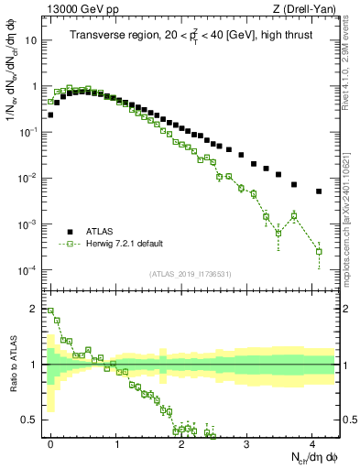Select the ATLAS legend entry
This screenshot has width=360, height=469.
click(x=101, y=232)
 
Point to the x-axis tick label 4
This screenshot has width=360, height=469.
click(x=312, y=442)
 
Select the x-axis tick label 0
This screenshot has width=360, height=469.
click(x=50, y=442)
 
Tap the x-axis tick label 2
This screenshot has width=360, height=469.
click(x=181, y=442)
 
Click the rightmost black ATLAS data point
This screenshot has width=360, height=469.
click(x=319, y=191)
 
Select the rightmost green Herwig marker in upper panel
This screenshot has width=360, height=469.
click(x=319, y=251)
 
